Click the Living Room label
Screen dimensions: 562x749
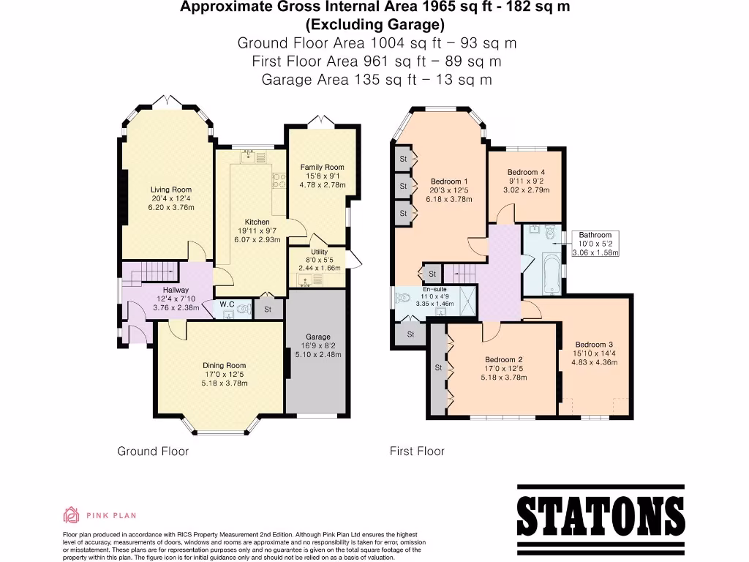point(171,190)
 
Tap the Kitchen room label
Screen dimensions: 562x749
point(257,222)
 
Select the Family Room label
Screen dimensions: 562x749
point(322,167)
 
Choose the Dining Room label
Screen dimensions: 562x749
point(225,365)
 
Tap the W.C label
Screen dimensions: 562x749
point(227,304)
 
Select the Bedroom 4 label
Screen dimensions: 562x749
point(526,173)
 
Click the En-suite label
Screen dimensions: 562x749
point(434,288)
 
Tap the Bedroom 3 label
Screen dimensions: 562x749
point(593,345)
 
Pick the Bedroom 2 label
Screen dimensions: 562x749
point(504,359)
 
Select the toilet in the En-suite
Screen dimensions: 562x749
point(403,299)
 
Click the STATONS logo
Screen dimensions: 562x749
point(596,510)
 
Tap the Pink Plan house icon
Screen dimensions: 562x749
point(71,515)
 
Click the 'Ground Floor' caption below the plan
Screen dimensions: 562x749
point(153,451)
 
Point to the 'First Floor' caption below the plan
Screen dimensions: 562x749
point(417,451)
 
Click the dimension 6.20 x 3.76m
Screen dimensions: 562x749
point(171,207)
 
